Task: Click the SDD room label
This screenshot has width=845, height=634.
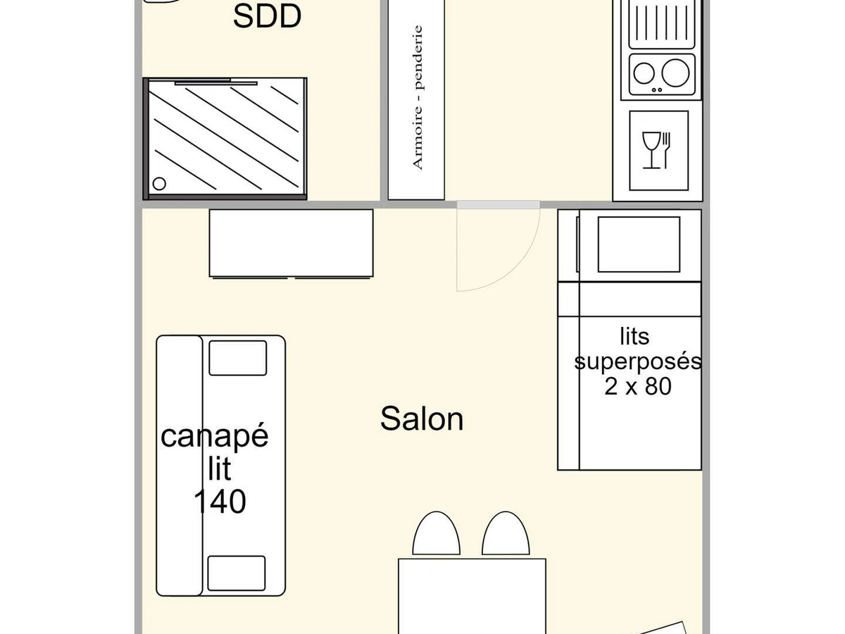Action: (267, 16)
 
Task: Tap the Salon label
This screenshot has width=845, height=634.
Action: (422, 418)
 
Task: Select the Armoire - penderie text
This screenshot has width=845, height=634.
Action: (418, 97)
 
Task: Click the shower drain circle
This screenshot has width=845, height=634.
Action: (159, 184)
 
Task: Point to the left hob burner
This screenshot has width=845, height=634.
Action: (644, 72)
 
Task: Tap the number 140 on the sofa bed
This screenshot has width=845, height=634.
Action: (220, 502)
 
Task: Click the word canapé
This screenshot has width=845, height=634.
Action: (215, 436)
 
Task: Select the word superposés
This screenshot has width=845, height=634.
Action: (638, 361)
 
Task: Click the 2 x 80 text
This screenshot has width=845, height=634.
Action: (637, 386)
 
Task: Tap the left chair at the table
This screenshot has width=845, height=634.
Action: (437, 534)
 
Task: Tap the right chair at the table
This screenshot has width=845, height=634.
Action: (505, 534)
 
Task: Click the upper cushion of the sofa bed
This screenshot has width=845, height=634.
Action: (238, 358)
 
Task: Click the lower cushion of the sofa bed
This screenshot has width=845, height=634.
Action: (237, 573)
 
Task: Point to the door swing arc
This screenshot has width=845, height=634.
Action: (518, 271)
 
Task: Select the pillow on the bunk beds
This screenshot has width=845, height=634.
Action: (639, 244)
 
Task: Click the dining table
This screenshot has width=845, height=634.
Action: (472, 595)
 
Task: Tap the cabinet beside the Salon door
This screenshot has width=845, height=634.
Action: (291, 242)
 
